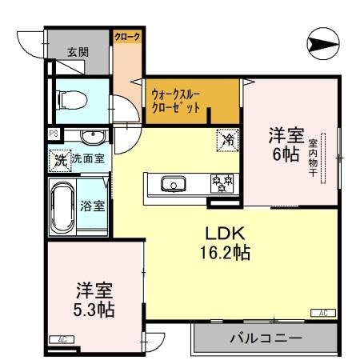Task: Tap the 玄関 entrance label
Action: tap(78, 52)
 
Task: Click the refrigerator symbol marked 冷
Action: tap(227, 139)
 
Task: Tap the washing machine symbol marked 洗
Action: tap(60, 158)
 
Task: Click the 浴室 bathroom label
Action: tap(92, 205)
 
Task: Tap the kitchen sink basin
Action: tap(171, 184)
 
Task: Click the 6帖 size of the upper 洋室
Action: tap(285, 154)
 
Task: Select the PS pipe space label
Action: tap(53, 134)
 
